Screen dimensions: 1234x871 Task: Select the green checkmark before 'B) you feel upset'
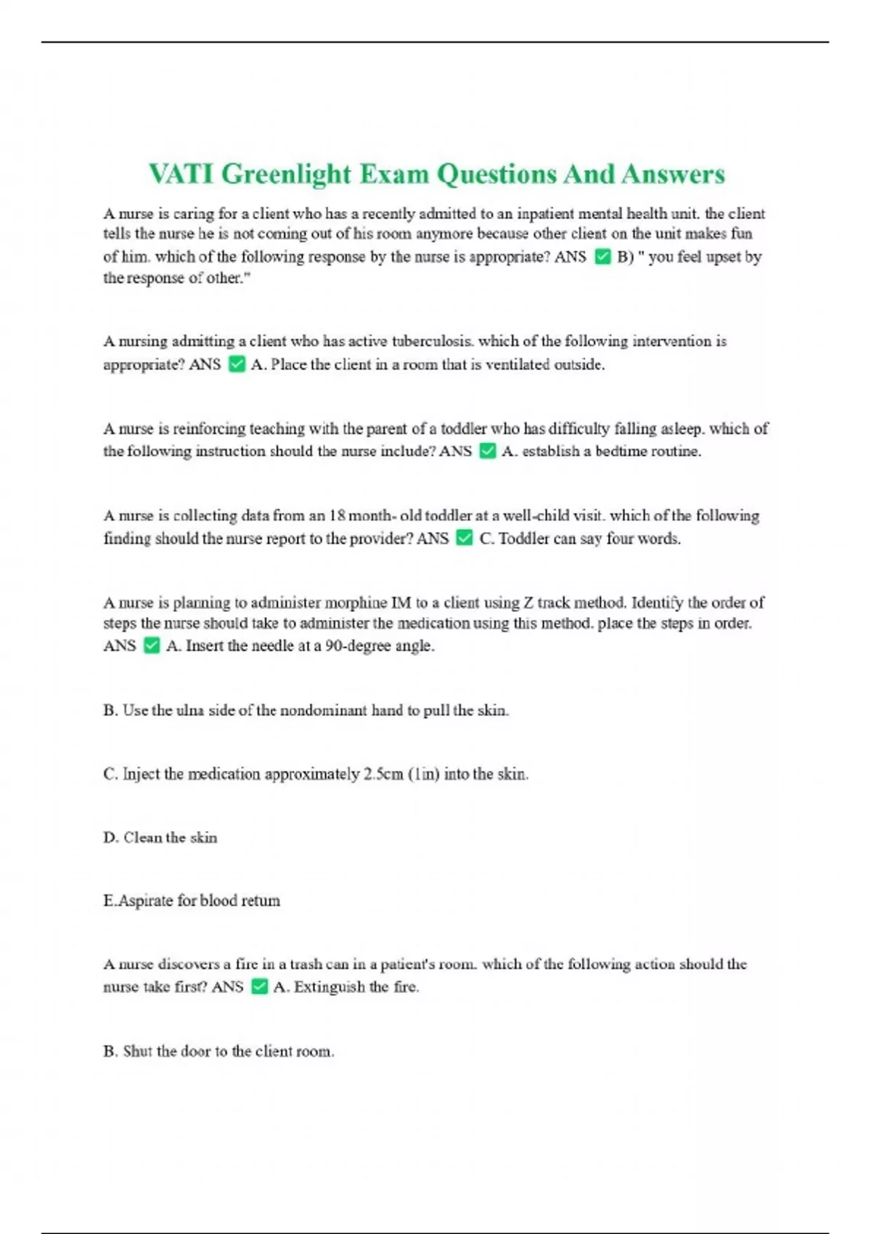coord(602,257)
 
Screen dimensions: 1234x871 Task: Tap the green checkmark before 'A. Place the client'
coord(237,364)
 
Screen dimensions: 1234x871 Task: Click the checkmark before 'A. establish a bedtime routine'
coord(488,451)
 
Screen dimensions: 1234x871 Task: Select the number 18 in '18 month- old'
coord(337,515)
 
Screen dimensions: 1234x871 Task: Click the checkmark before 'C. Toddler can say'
coord(465,539)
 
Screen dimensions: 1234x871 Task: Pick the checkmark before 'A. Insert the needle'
coord(151,646)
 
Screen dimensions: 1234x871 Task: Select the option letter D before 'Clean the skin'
coord(110,838)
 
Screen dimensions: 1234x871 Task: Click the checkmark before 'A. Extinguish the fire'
coord(259,987)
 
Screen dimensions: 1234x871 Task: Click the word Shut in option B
coord(137,1051)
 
